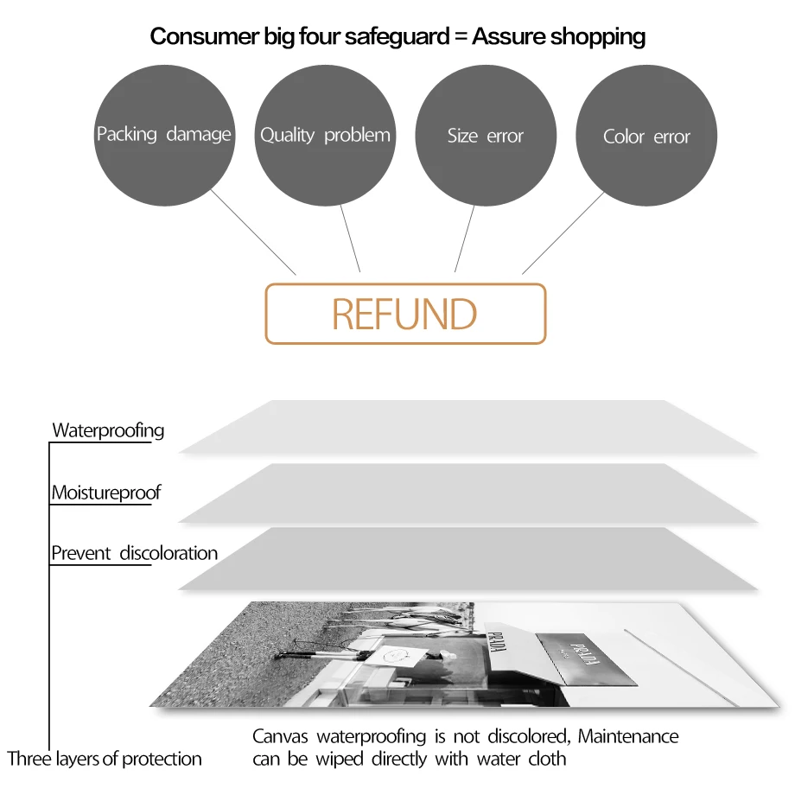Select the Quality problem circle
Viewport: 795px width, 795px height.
(325, 136)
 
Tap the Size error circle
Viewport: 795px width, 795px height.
(486, 136)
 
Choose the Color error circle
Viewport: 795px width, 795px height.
(646, 137)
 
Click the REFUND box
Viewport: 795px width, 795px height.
(405, 314)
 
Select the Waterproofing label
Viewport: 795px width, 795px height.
(108, 430)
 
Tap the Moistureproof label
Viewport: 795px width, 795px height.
(105, 493)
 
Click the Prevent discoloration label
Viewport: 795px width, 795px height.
(134, 553)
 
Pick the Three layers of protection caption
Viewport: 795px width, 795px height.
(105, 759)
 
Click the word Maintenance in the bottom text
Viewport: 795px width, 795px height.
(628, 736)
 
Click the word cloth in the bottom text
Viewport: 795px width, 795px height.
(546, 759)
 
